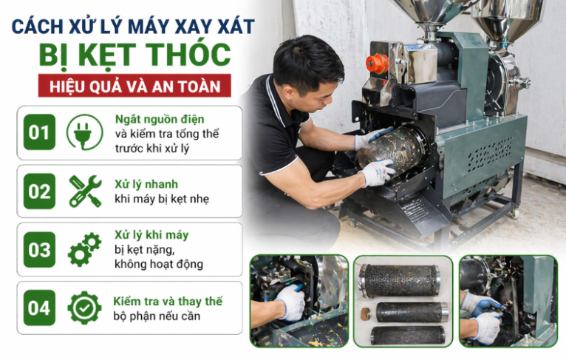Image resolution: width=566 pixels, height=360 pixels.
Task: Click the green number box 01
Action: [x=39, y=133]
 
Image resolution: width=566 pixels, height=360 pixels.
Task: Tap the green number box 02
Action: [x=39, y=191]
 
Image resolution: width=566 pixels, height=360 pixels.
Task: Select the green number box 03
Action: [x=39, y=250]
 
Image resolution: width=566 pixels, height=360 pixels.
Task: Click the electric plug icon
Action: [x=85, y=133]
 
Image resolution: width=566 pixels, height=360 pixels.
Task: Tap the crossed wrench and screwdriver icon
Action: [x=85, y=191]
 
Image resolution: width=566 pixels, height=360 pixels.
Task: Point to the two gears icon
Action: [x=85, y=249]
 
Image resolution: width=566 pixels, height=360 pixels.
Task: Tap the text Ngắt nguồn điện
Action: [x=160, y=119]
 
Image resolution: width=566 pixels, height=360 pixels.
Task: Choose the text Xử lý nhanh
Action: [x=146, y=184]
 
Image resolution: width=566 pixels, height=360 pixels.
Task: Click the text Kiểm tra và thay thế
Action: [x=167, y=302]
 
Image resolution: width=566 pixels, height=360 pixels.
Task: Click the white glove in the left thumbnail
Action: [x=290, y=303]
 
